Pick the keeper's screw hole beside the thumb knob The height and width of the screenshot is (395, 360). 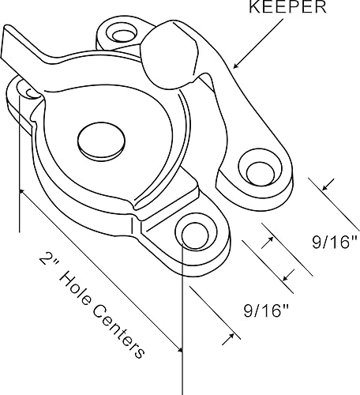click(121, 33)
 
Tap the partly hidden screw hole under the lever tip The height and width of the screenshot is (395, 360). click(29, 93)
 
